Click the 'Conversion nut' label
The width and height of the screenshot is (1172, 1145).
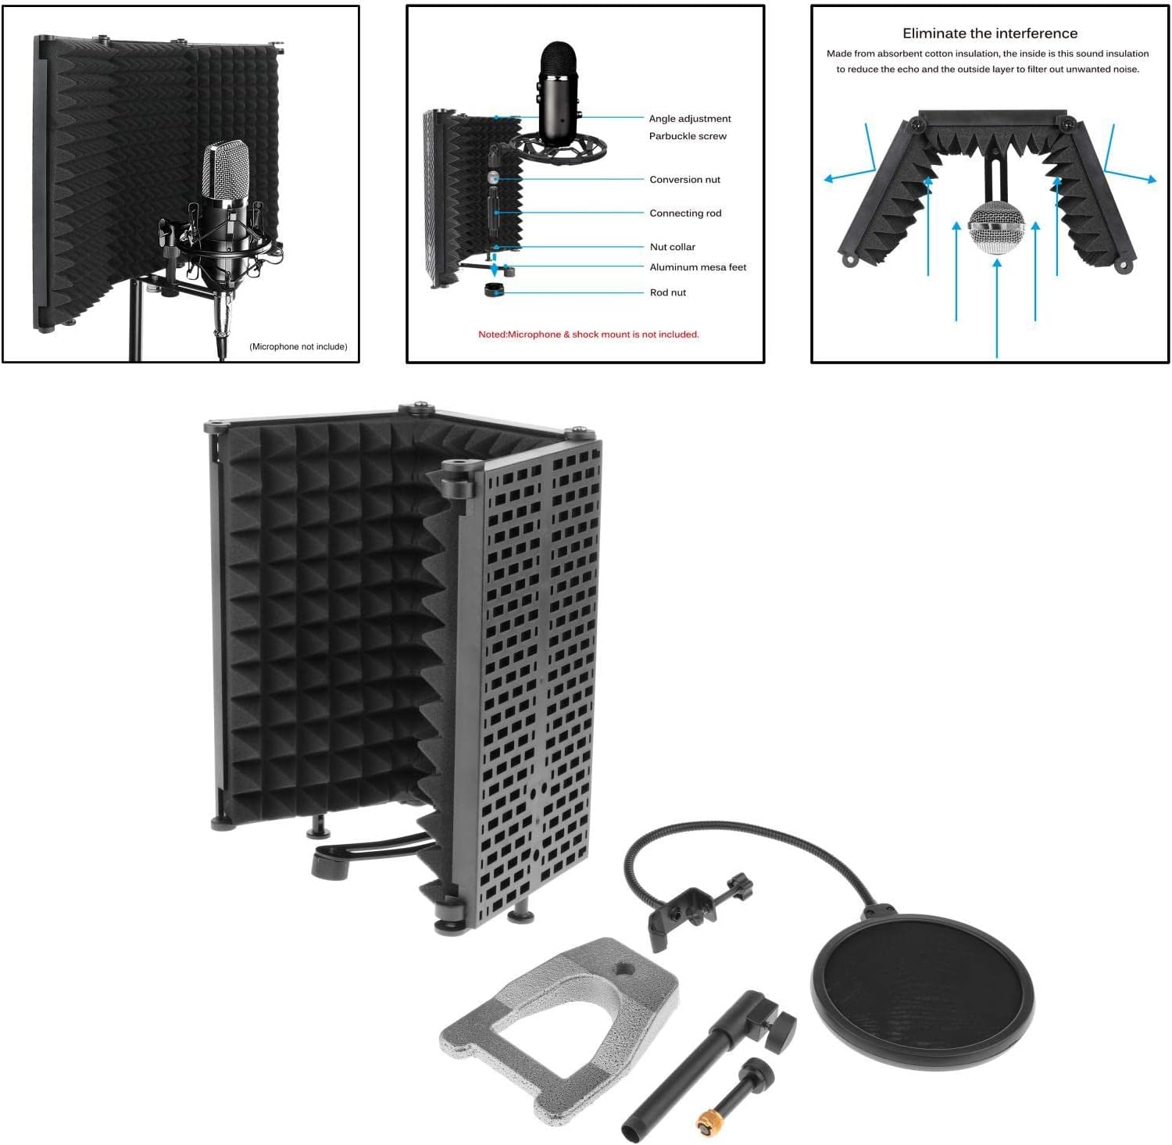point(684,180)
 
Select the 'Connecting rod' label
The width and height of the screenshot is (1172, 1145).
point(685,213)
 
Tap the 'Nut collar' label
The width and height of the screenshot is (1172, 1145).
point(672,247)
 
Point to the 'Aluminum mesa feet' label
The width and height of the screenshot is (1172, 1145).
point(698,267)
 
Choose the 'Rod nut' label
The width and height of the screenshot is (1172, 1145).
point(667,293)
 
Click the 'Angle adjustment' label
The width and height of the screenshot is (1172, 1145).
point(690,119)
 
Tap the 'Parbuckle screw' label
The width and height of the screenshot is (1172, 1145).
point(688,136)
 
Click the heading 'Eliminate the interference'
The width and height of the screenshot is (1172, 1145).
point(989,34)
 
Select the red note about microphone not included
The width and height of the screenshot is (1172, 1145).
point(588,335)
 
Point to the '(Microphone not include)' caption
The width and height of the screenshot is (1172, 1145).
point(298,347)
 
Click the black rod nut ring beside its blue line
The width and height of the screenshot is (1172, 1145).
point(494,291)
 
